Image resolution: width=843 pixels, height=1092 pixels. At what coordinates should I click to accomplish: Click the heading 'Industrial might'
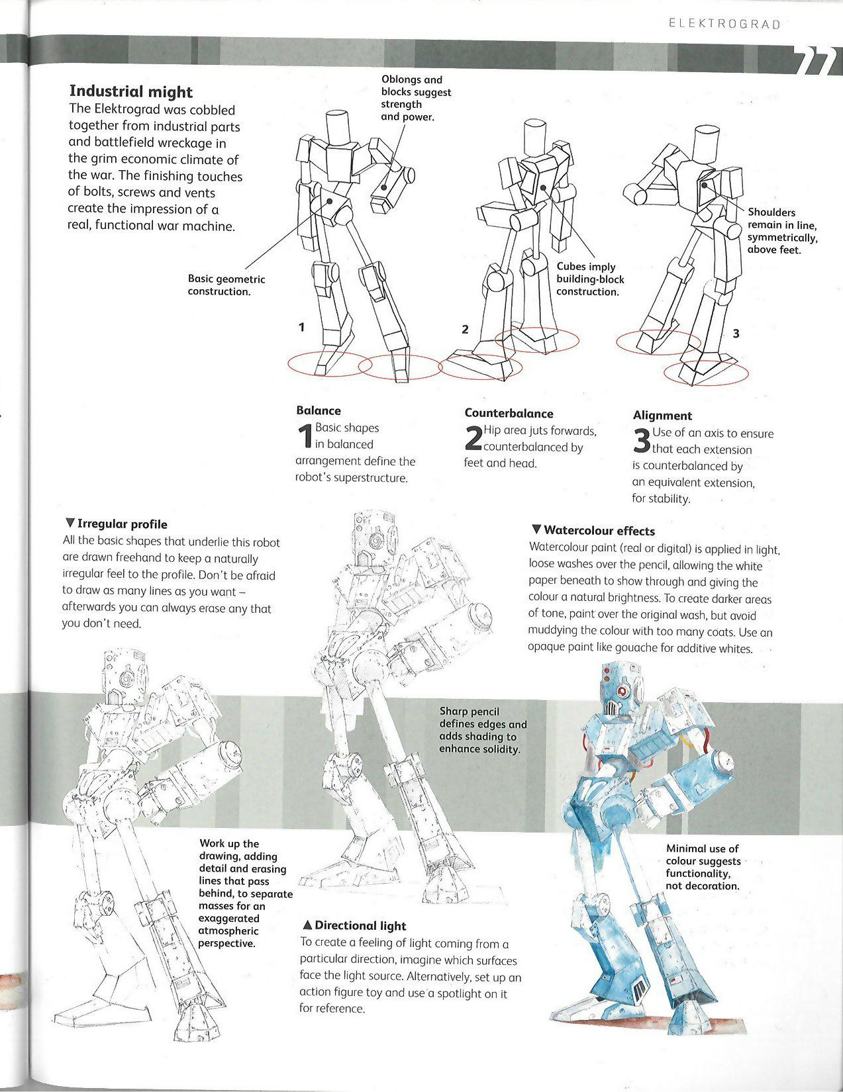pos(130,92)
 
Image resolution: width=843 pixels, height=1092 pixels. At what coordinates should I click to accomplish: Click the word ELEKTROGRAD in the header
pos(724,24)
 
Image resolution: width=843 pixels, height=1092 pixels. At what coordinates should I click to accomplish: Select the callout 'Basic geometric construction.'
pos(226,285)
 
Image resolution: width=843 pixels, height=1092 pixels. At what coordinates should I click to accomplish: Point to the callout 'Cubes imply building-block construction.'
pos(589,279)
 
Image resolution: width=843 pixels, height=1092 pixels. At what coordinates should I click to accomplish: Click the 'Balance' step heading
pos(319,410)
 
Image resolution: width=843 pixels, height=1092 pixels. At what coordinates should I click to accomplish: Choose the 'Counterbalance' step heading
pos(509,414)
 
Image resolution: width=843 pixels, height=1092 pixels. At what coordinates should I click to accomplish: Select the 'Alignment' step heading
pos(662,416)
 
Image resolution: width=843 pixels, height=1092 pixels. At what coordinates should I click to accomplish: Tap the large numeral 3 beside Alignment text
pos(641,441)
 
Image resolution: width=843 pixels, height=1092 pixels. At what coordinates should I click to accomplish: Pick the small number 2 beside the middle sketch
pos(465,330)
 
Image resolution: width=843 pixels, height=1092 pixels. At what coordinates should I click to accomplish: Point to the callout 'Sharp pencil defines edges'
pos(483,730)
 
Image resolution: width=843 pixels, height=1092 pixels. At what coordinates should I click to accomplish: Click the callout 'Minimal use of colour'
pos(703,867)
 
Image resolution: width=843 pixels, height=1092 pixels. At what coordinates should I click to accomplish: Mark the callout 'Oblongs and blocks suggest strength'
pos(415,98)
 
